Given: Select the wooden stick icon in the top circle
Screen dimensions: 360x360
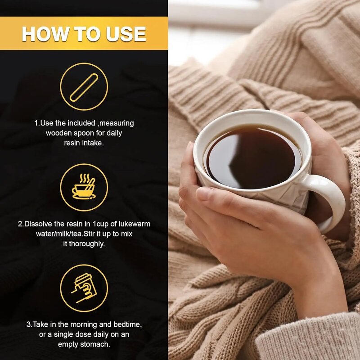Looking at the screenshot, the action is pyautogui.click(x=84, y=87).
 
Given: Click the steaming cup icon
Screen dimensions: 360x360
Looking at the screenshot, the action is pyautogui.click(x=84, y=186).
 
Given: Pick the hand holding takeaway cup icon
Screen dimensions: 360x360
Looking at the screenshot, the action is pyautogui.click(x=84, y=288).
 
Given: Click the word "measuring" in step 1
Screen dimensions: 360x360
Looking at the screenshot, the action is pyautogui.click(x=117, y=123).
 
